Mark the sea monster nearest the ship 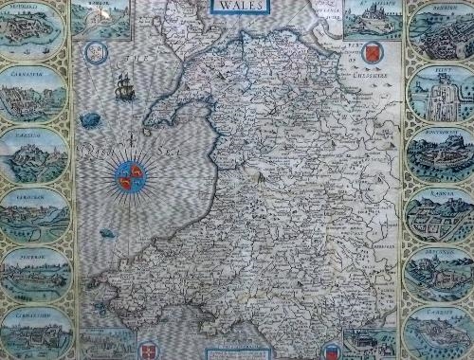coord(90,119)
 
